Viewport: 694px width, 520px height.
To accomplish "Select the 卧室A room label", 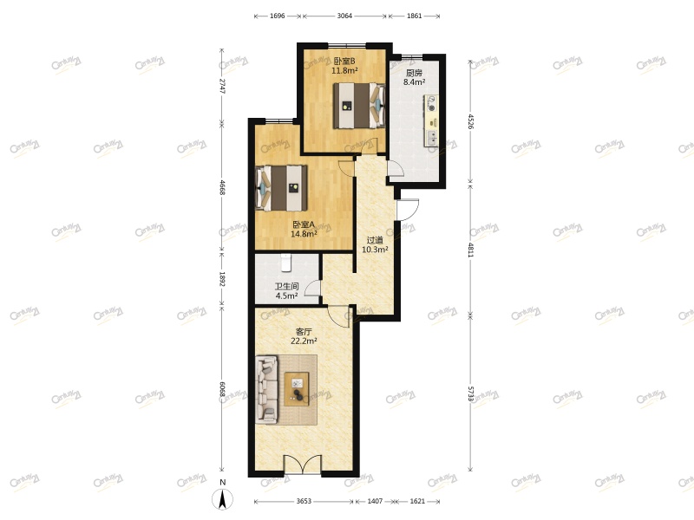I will coord(304,224).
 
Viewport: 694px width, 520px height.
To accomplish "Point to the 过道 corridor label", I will coord(375,240).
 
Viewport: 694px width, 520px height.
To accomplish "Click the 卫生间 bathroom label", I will coord(286,286).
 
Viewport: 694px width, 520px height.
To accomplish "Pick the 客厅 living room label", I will coord(304,331).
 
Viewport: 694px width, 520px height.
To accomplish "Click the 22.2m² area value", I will coord(304,341).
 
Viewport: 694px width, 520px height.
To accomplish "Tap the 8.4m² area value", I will coord(415,83).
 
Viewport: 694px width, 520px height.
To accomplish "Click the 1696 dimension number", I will coord(278,16).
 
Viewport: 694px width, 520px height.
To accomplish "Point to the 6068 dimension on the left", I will coord(222,390).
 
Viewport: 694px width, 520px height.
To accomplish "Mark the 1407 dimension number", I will coord(375,502).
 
